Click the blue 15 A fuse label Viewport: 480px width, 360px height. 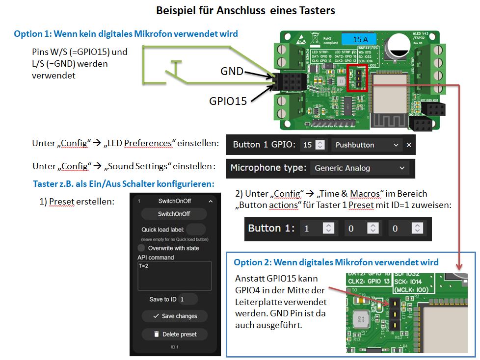(x=357, y=39)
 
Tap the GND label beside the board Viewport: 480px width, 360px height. (x=231, y=71)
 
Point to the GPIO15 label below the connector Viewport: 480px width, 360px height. (x=228, y=101)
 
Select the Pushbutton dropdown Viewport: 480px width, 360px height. (x=366, y=145)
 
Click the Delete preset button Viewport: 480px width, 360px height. (x=174, y=334)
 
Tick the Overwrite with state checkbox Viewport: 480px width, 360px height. (x=142, y=248)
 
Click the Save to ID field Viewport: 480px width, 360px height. (x=188, y=299)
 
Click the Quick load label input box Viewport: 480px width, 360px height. (x=196, y=230)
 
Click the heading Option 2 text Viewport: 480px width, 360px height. (x=336, y=262)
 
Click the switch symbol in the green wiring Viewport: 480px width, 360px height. (x=172, y=73)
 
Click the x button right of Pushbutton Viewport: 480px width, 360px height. (x=409, y=145)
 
